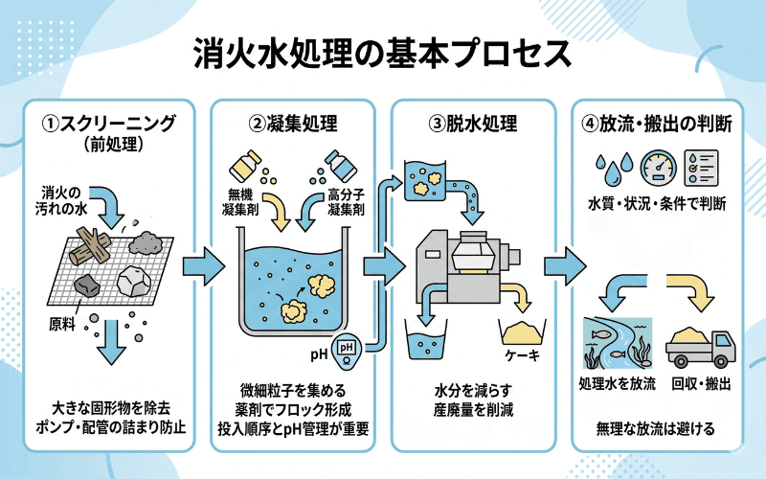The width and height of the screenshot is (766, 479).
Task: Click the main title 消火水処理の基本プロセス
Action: tap(383, 53)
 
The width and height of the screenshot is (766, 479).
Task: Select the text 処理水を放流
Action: tap(618, 384)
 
